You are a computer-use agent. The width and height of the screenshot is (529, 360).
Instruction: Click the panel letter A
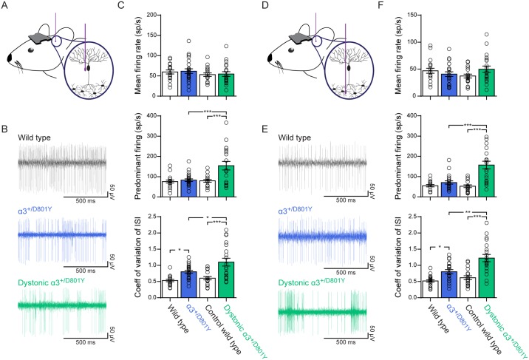pyautogui.click(x=6, y=7)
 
